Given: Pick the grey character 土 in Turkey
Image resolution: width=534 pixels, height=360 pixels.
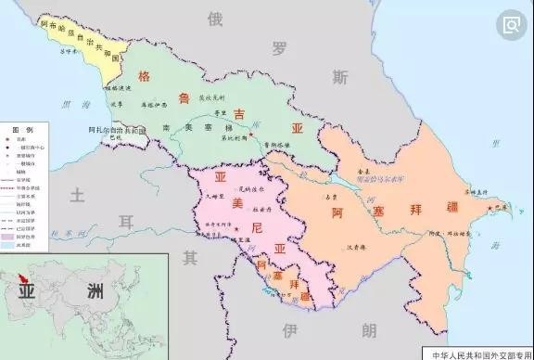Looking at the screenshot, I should (78, 194).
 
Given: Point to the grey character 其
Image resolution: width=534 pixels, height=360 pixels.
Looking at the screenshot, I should (190, 255).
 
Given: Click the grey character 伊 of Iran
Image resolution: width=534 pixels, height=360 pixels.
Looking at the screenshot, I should (290, 329).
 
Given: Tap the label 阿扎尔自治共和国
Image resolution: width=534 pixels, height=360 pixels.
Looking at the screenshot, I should (121, 131).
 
